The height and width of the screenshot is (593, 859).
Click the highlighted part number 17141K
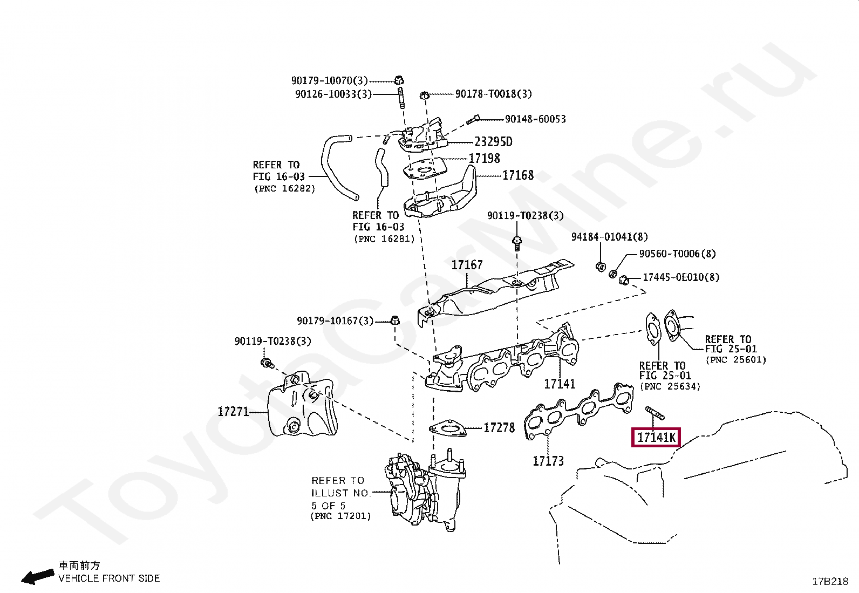pyautogui.click(x=656, y=437)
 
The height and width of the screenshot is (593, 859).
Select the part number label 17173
pyautogui.click(x=548, y=461)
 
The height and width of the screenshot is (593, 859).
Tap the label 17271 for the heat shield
pyautogui.click(x=233, y=412)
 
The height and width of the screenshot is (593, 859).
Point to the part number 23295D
pyautogui.click(x=493, y=142)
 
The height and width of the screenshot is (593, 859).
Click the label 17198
pyautogui.click(x=484, y=159)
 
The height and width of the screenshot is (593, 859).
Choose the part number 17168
pyautogui.click(x=518, y=175)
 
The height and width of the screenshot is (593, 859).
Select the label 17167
pyautogui.click(x=467, y=265)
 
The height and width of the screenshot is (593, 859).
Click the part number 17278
pyautogui.click(x=499, y=428)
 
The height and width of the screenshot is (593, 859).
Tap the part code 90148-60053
pyautogui.click(x=535, y=119)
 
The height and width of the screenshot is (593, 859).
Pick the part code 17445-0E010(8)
pyautogui.click(x=681, y=278)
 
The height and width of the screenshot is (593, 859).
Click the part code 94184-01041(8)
pyautogui.click(x=610, y=237)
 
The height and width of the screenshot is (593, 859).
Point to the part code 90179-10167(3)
pyautogui.click(x=335, y=321)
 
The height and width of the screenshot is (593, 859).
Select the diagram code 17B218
pyautogui.click(x=830, y=582)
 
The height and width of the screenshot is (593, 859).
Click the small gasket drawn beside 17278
pyautogui.click(x=447, y=428)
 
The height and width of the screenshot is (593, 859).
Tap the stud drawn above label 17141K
pyautogui.click(x=655, y=413)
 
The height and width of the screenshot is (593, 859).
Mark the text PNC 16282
pyautogui.click(x=284, y=189)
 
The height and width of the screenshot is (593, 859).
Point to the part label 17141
pyautogui.click(x=560, y=384)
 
